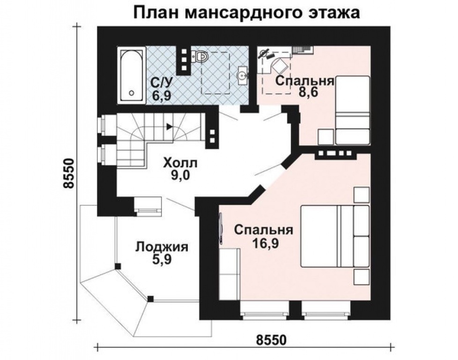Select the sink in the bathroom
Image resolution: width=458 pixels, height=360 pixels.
(242, 74)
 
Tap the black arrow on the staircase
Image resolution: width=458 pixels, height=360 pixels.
(169, 126)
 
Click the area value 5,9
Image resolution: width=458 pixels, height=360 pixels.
(162, 261)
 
